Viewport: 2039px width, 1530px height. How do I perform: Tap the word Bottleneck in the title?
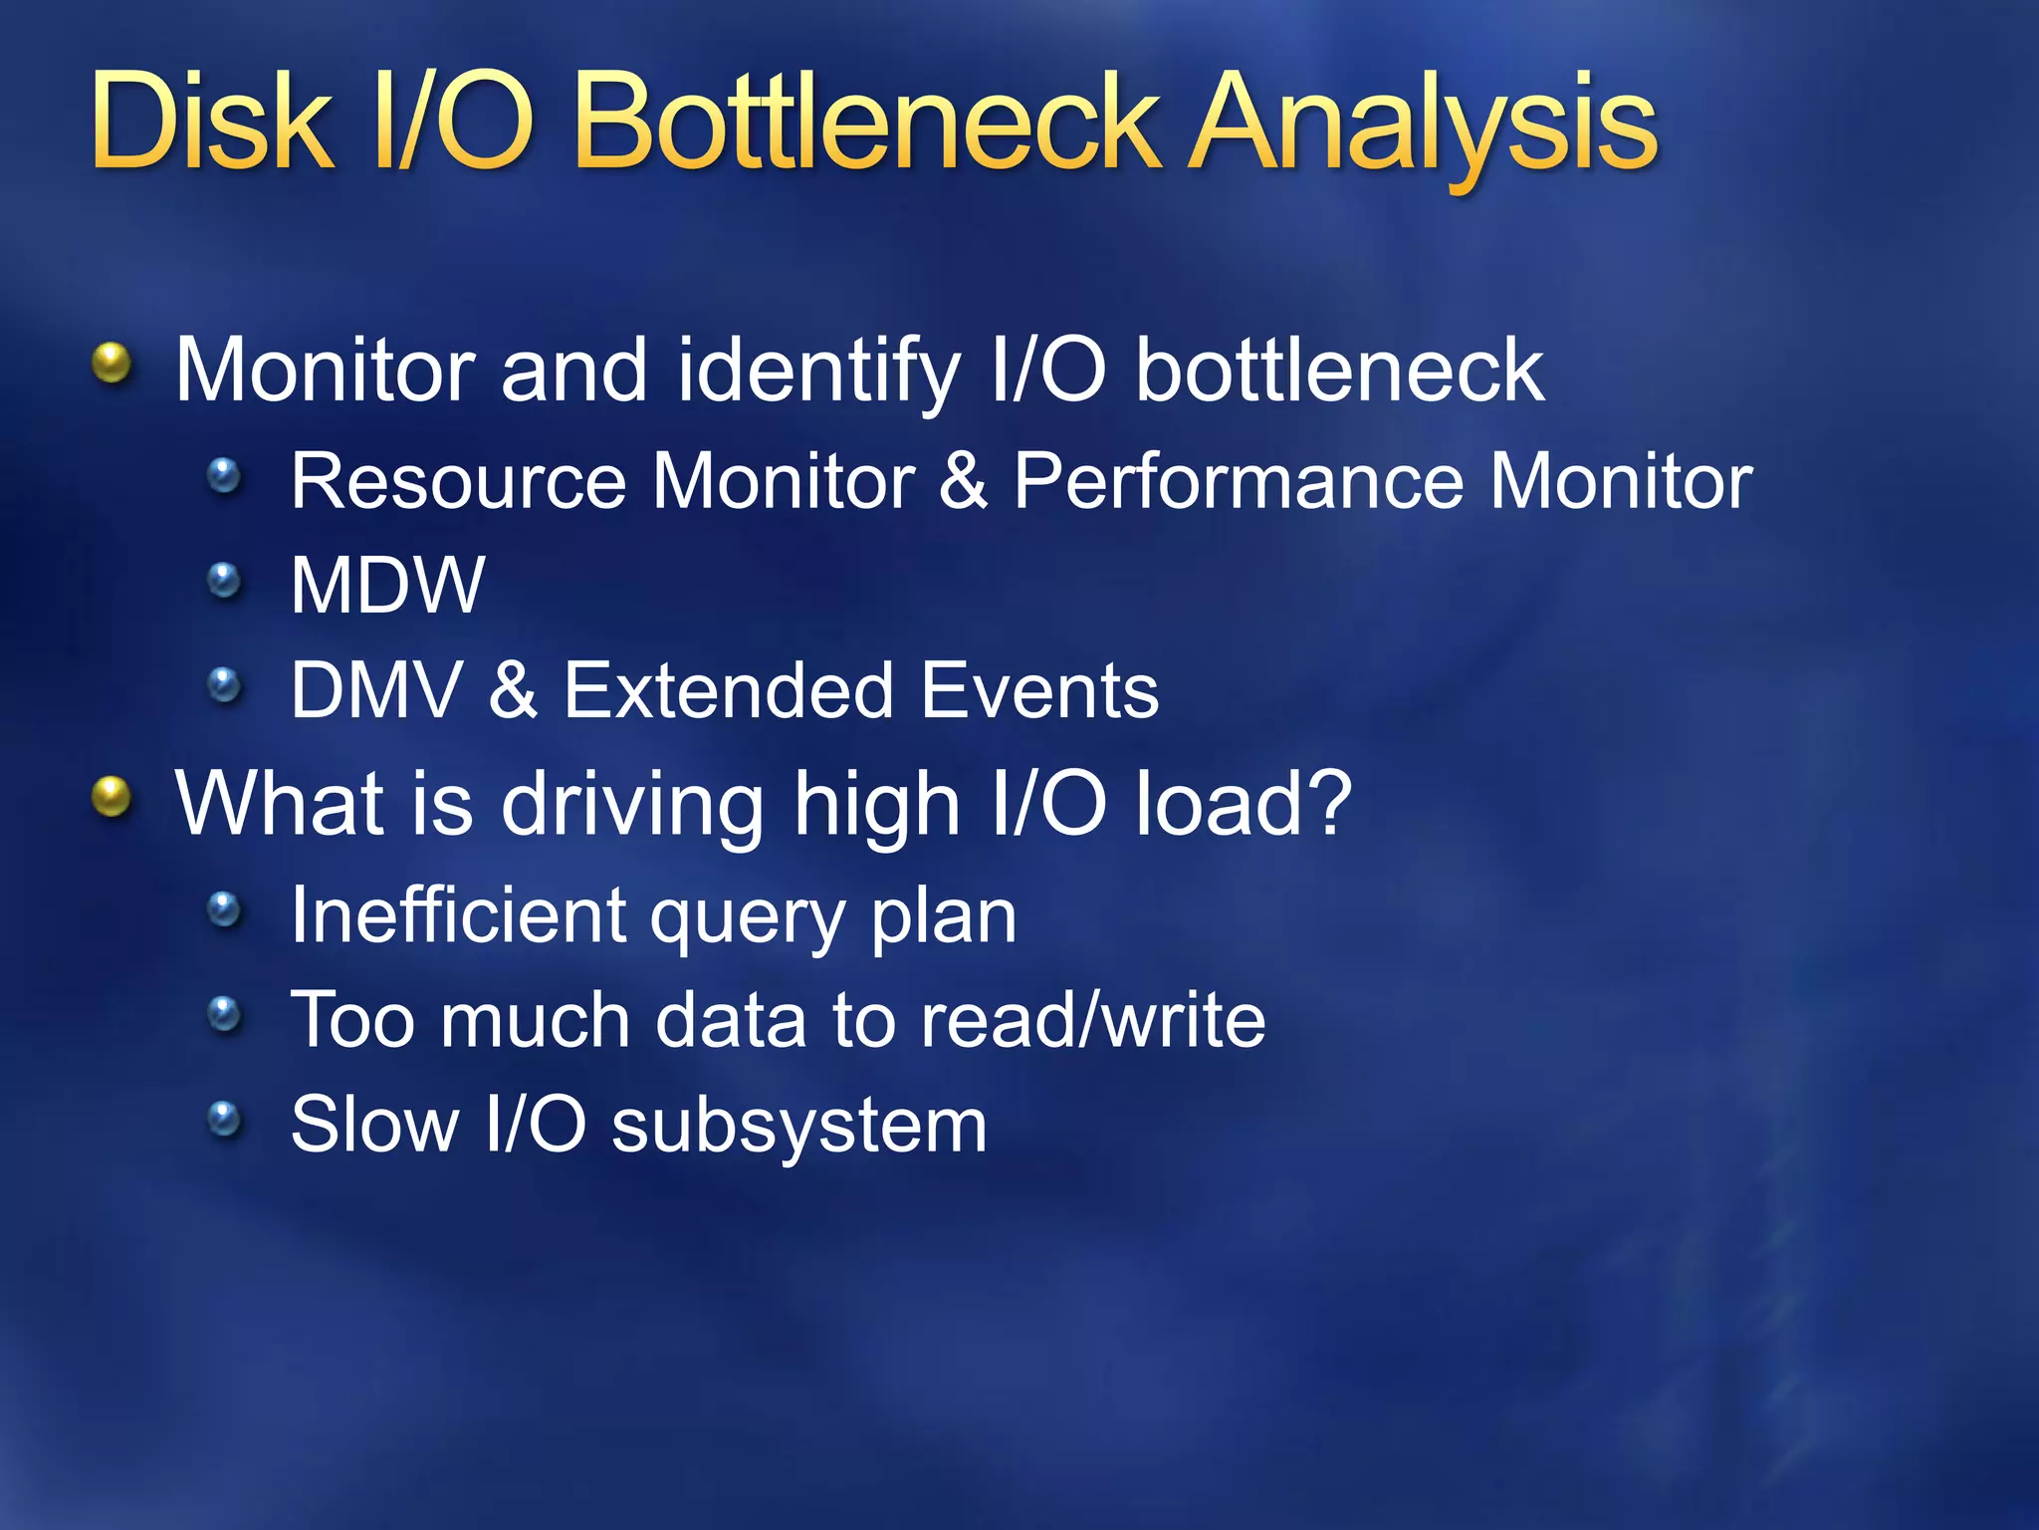[866, 125]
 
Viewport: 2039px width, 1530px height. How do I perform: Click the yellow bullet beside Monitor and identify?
[112, 364]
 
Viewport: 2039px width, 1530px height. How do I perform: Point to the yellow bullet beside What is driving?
[112, 797]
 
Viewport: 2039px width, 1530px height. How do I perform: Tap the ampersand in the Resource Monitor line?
[963, 482]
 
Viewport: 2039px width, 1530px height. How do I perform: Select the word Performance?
[1239, 482]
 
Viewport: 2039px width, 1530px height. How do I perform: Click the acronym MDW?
[387, 586]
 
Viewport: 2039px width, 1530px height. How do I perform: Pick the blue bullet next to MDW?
[225, 580]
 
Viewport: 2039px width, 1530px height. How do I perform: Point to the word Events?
[1039, 690]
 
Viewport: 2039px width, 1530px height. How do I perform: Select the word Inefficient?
[458, 915]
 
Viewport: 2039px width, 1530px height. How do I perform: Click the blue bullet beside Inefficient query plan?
[225, 909]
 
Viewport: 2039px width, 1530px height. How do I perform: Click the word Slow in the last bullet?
[374, 1125]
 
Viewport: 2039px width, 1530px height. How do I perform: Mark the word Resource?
[458, 482]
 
